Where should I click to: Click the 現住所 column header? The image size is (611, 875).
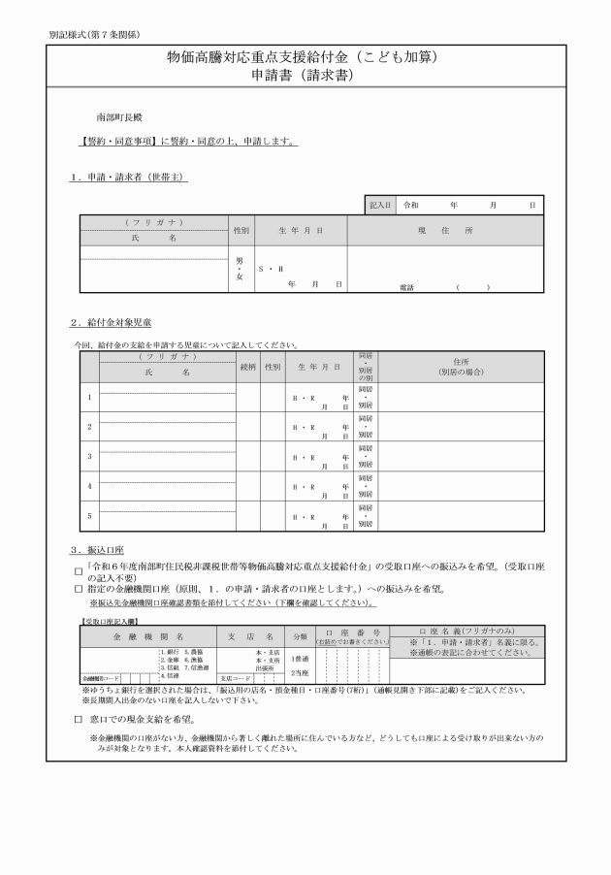(x=445, y=232)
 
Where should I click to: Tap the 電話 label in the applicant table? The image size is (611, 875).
(x=406, y=287)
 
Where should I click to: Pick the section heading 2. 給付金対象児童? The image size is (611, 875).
(x=110, y=322)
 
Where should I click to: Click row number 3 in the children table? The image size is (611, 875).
(x=89, y=455)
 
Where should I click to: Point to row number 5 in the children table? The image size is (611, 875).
(x=89, y=515)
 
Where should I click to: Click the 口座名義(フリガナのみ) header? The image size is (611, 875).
(x=466, y=631)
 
